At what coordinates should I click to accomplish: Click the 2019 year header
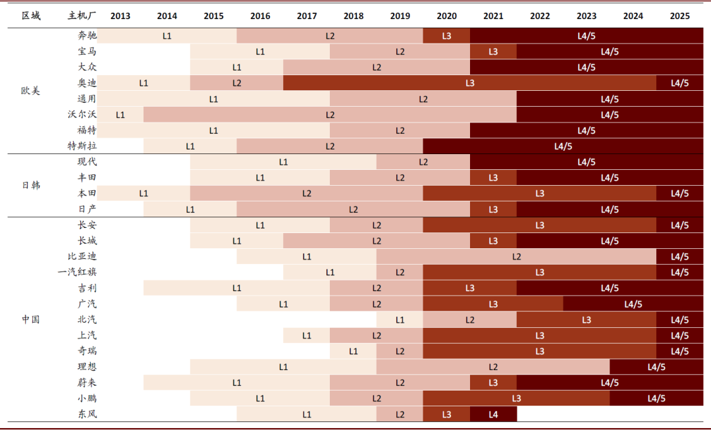coord(400,16)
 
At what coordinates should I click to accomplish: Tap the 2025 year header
coord(679,16)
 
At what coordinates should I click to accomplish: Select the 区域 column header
coord(31,15)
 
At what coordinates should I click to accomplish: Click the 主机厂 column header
coord(82,15)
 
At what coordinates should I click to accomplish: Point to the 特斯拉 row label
coord(82,146)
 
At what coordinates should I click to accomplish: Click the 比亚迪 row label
coord(82,256)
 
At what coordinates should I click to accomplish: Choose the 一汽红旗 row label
coord(77,272)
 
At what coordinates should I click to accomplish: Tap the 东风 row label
coord(87,414)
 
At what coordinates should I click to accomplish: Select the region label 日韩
coord(31,185)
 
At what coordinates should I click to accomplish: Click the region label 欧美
coord(30,91)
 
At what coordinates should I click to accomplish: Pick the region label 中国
coord(31,319)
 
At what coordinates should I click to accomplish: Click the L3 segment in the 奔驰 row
coord(446,36)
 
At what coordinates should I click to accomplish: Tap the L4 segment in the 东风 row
coord(493,414)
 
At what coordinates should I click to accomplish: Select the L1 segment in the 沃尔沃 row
coord(120,115)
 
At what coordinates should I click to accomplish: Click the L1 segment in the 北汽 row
coord(400,320)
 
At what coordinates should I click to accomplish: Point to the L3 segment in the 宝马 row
coord(493,52)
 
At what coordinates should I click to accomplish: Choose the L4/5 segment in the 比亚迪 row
coord(679,257)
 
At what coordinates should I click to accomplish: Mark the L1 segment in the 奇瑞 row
coord(354,351)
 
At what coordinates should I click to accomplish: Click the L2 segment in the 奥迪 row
coord(237,83)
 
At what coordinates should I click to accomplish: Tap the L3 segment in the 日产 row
coord(493,209)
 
